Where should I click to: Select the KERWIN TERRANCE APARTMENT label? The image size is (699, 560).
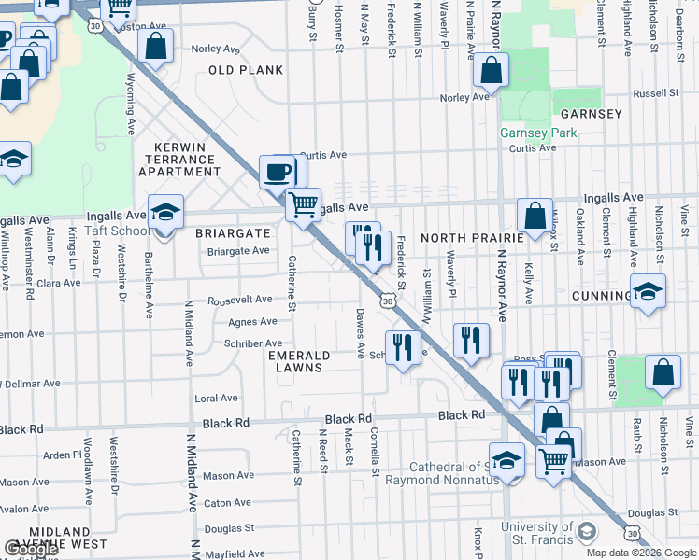tap(179, 166)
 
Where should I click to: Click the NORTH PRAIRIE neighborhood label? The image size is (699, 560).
tap(466, 238)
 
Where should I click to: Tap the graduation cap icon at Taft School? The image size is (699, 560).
tap(164, 213)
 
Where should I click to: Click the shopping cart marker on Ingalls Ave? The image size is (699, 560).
tap(302, 203)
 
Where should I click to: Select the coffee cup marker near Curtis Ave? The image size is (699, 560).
tap(278, 171)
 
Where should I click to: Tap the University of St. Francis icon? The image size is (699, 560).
tap(586, 532)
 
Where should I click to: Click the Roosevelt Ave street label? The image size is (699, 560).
tap(239, 301)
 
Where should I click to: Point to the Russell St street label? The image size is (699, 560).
tap(655, 93)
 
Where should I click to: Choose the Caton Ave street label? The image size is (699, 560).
tap(229, 502)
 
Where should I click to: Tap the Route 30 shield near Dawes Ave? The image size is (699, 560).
tap(386, 301)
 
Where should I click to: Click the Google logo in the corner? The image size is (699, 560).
tap(31, 550)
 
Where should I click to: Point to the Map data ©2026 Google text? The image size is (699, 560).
tap(641, 553)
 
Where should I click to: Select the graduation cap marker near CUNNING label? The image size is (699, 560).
tap(648, 291)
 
